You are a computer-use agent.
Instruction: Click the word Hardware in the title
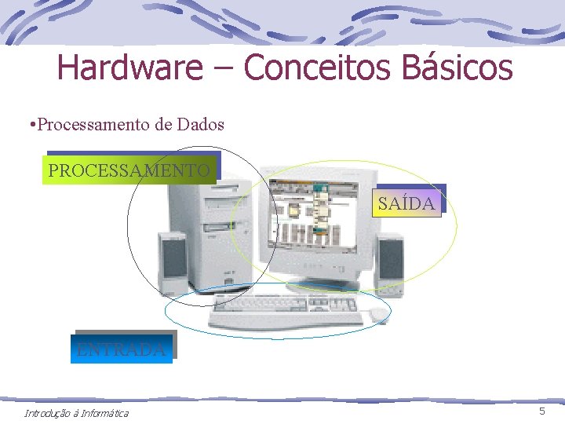129,68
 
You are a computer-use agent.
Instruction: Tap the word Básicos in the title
457,68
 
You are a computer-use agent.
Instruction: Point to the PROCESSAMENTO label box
129,170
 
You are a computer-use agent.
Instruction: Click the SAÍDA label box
406,203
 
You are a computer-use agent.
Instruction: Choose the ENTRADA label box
122,349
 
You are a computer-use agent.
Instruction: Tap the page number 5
541,412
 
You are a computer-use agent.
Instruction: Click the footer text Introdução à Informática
76,414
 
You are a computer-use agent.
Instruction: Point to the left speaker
173,263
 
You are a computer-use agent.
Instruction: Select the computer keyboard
286,312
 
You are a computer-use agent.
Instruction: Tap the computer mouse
378,315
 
